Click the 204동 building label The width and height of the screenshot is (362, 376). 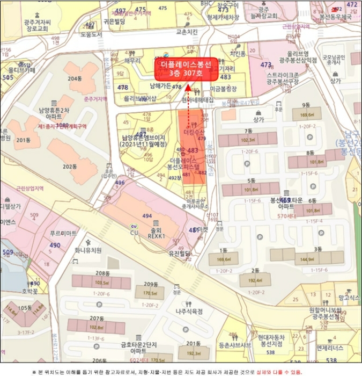pos(76,78)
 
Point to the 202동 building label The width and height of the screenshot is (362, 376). pos(70,167)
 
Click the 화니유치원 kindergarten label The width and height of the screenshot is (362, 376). pos(88,250)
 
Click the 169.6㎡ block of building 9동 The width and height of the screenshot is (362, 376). pos(307,114)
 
